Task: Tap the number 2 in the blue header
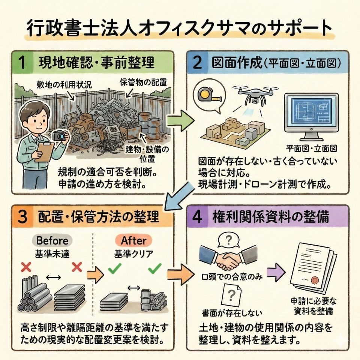click(x=197, y=63)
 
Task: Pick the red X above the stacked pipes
click(x=26, y=267)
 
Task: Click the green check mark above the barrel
click(x=155, y=268)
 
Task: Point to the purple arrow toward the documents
click(x=277, y=269)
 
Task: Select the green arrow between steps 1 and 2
click(x=180, y=119)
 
